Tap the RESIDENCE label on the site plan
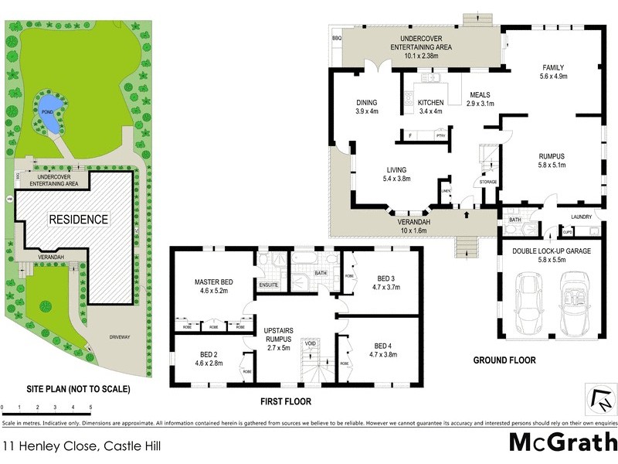point(79,219)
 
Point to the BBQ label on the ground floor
point(336,37)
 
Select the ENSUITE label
point(268,285)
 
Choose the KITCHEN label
point(430,103)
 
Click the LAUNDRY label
point(582,217)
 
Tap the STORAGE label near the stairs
point(487,183)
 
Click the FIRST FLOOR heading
point(286,401)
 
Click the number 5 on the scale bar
point(90,406)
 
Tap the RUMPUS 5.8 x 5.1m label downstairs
point(553,159)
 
